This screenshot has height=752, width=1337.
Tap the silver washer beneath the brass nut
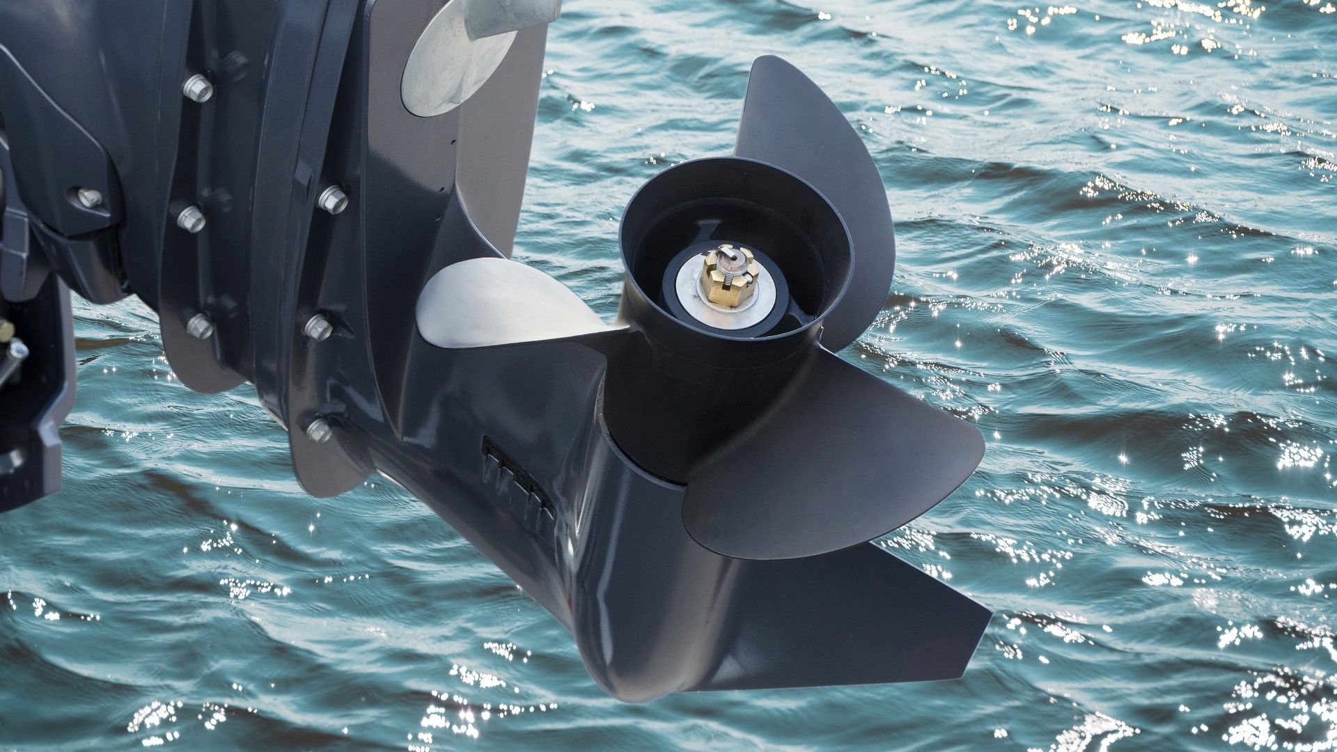tap(696, 292)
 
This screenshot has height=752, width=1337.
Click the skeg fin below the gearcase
tap(836, 627)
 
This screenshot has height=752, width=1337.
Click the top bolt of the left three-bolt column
tap(198, 88)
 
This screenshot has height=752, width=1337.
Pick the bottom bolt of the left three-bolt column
tap(200, 326)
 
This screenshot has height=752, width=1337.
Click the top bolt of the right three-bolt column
tap(332, 199)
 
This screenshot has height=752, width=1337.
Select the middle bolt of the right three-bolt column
tap(318, 327)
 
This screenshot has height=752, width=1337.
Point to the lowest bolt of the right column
tap(320, 430)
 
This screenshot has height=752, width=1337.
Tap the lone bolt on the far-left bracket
tap(90, 198)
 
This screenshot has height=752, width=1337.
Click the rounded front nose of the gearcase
tap(613, 668)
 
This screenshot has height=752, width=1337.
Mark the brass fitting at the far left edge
tap(6, 331)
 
